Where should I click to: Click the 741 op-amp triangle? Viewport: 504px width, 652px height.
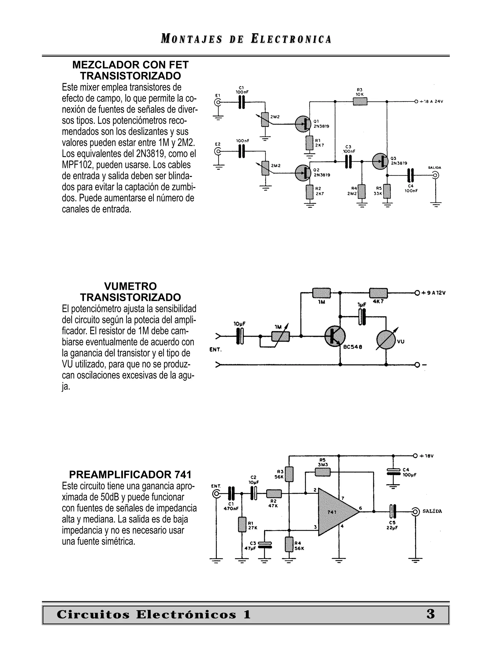(x=336, y=512)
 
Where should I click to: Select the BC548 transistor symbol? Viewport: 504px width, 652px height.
(x=335, y=336)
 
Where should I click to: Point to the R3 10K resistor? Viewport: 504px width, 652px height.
(x=360, y=102)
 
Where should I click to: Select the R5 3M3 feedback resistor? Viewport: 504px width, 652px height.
(x=323, y=472)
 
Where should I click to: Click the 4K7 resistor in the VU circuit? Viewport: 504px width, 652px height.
(x=378, y=293)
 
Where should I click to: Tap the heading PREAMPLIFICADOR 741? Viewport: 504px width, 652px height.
(x=130, y=474)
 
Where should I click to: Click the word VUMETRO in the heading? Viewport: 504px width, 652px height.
(x=130, y=286)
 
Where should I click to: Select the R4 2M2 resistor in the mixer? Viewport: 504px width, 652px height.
(x=362, y=191)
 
